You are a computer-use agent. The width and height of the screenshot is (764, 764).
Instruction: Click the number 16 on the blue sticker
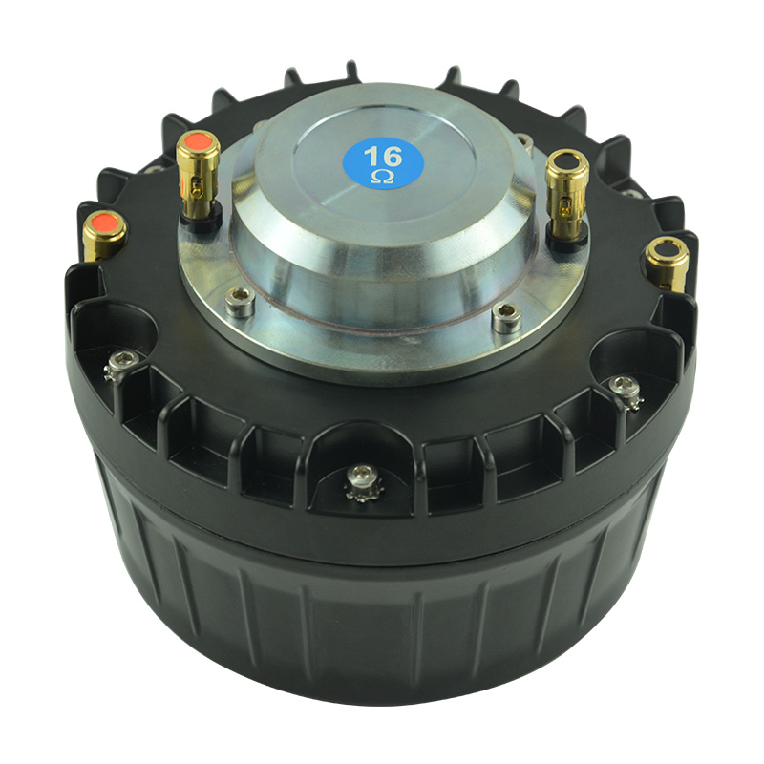pos(383,157)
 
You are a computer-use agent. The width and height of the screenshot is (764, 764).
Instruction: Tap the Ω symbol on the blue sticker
pos(383,177)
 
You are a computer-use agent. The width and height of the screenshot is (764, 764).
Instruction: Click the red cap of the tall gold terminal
pos(198,141)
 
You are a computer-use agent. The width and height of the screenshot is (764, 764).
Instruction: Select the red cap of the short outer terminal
pos(104,223)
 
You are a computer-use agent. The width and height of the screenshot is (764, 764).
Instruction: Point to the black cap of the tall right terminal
pos(567,160)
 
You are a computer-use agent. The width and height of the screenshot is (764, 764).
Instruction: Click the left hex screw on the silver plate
pos(240,301)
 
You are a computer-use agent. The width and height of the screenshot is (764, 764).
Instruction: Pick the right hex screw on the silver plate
pos(507,317)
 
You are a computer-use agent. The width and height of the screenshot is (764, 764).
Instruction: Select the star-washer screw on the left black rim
pos(120,365)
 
